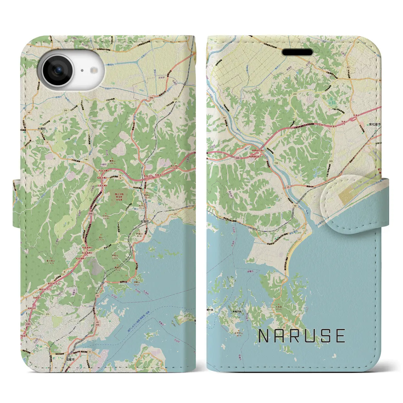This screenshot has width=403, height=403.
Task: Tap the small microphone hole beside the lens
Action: coord(82,71)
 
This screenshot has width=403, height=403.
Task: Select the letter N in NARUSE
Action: coord(264,336)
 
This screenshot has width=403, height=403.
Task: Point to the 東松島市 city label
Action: coord(375,125)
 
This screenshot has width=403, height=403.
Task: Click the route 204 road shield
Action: coord(295,94)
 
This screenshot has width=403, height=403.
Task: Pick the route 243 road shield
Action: coord(330,161)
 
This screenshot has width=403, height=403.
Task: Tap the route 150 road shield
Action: coord(276,163)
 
